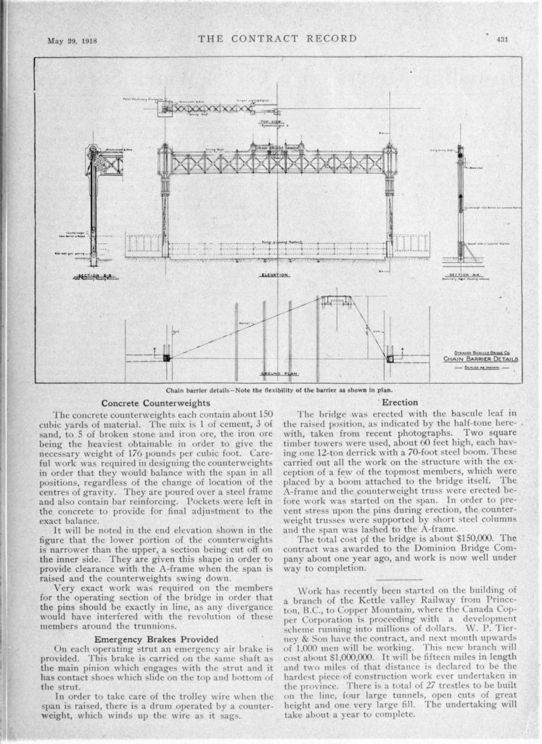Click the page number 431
[501, 39]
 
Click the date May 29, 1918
[73, 39]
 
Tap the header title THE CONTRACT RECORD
[277, 39]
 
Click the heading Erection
[399, 403]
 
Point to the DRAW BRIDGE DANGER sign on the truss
[275, 147]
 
